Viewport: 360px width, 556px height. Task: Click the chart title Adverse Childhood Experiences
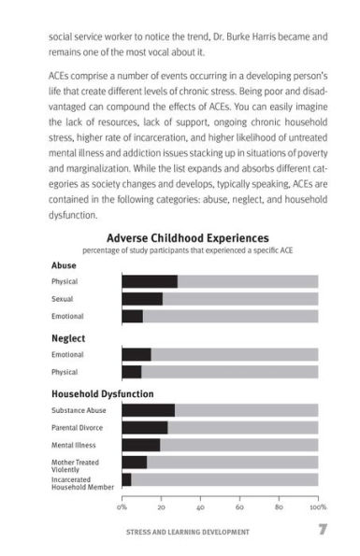[x=187, y=238]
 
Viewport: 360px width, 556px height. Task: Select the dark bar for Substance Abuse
[x=148, y=410]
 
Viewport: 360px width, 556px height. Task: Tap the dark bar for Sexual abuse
[x=141, y=299]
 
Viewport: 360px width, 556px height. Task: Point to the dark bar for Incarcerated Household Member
[x=126, y=479]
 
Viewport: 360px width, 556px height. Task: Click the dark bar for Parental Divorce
[x=144, y=427]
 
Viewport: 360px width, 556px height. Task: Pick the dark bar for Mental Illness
[x=140, y=445]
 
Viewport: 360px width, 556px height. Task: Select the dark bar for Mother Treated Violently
[x=134, y=463]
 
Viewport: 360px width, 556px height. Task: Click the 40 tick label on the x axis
[x=201, y=506]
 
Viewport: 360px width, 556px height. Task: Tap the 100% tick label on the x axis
[x=317, y=506]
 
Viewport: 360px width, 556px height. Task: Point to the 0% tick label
[x=122, y=506]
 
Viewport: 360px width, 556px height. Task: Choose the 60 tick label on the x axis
[x=240, y=506]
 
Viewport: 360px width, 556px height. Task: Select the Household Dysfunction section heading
[x=102, y=393]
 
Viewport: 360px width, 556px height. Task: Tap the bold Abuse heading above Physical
[x=65, y=265]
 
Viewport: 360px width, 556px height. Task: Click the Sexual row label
[x=64, y=299]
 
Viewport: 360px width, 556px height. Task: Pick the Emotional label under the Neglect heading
[x=67, y=355]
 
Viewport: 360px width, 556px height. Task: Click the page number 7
[x=321, y=532]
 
